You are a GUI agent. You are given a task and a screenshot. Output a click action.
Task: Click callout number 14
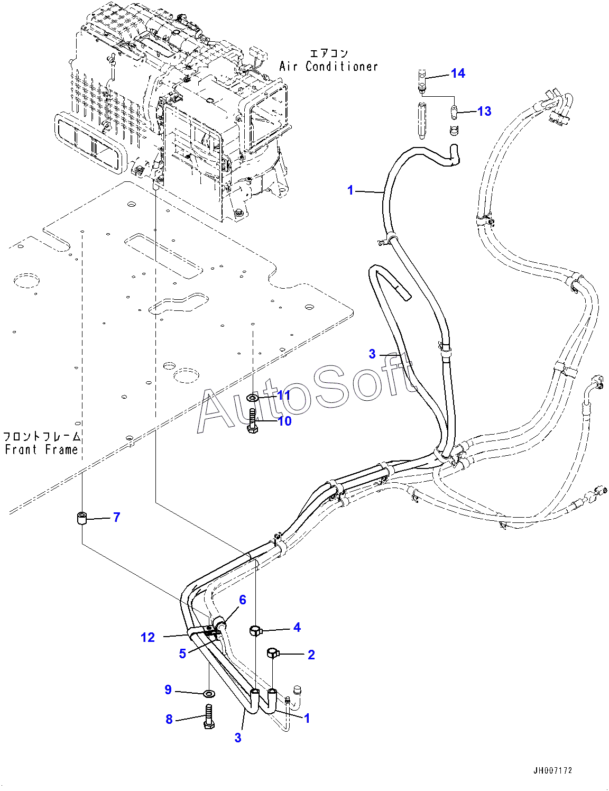[x=458, y=73]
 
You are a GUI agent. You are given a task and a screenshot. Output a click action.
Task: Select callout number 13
[x=484, y=112]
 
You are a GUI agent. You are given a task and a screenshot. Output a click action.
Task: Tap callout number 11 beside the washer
[x=284, y=395]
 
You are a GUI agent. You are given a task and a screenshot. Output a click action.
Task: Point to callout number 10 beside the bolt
[x=284, y=421]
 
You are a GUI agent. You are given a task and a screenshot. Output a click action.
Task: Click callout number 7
[x=117, y=517]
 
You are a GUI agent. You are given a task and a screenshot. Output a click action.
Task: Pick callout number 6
[x=243, y=600]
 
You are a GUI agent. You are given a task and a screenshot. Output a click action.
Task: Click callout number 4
[x=297, y=627]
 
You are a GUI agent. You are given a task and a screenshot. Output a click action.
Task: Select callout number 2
[x=311, y=655]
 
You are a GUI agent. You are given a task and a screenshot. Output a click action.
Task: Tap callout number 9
[x=168, y=689]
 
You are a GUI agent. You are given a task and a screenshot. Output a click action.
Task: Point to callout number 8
[x=169, y=719]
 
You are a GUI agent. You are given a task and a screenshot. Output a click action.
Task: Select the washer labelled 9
[x=209, y=693]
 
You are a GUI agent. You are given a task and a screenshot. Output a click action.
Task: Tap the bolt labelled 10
[x=253, y=421]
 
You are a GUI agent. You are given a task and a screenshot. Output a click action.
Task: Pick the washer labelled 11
[x=253, y=397]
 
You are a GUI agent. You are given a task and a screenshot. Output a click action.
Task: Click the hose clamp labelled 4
[x=255, y=630]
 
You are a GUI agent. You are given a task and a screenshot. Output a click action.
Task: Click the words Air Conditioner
[x=329, y=67]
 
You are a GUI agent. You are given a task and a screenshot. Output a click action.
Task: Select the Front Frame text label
[x=41, y=449]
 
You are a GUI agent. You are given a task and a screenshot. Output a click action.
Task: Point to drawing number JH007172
[x=553, y=770]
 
